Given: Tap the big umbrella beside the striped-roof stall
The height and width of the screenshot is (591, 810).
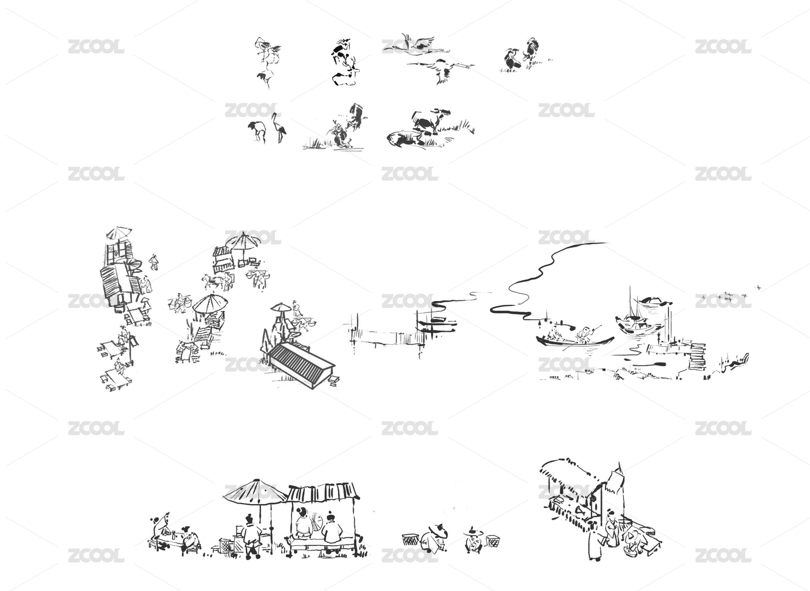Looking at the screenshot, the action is point(255,492).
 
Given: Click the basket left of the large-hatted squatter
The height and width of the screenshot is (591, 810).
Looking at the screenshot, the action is point(410,539).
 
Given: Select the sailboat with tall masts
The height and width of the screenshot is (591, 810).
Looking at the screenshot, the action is point(639,318).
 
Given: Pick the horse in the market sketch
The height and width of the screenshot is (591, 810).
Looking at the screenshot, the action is point(213,281).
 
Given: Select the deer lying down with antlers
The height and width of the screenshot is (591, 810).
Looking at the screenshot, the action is point(346,75).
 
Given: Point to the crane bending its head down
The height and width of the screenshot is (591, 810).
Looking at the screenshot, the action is point(257,131).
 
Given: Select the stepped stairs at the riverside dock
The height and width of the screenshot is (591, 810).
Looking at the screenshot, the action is point(698,356).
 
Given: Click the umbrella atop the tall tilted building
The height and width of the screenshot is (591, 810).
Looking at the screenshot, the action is point(119,233).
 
